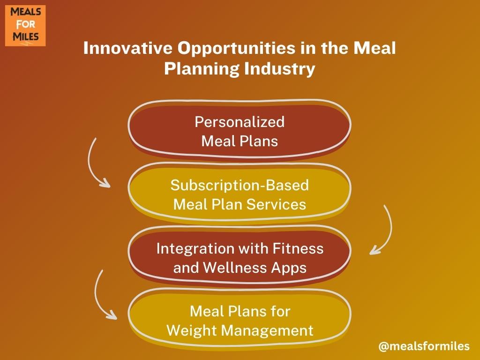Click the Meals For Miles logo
[x=25, y=25]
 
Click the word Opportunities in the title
[x=237, y=49]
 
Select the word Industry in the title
[x=279, y=69]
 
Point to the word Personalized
[x=240, y=122]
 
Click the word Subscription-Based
[x=240, y=185]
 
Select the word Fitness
[x=298, y=248]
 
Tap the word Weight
[x=191, y=330]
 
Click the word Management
[x=267, y=330]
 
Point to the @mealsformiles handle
[x=424, y=346]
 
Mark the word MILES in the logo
[x=26, y=37]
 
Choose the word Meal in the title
[x=375, y=48]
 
